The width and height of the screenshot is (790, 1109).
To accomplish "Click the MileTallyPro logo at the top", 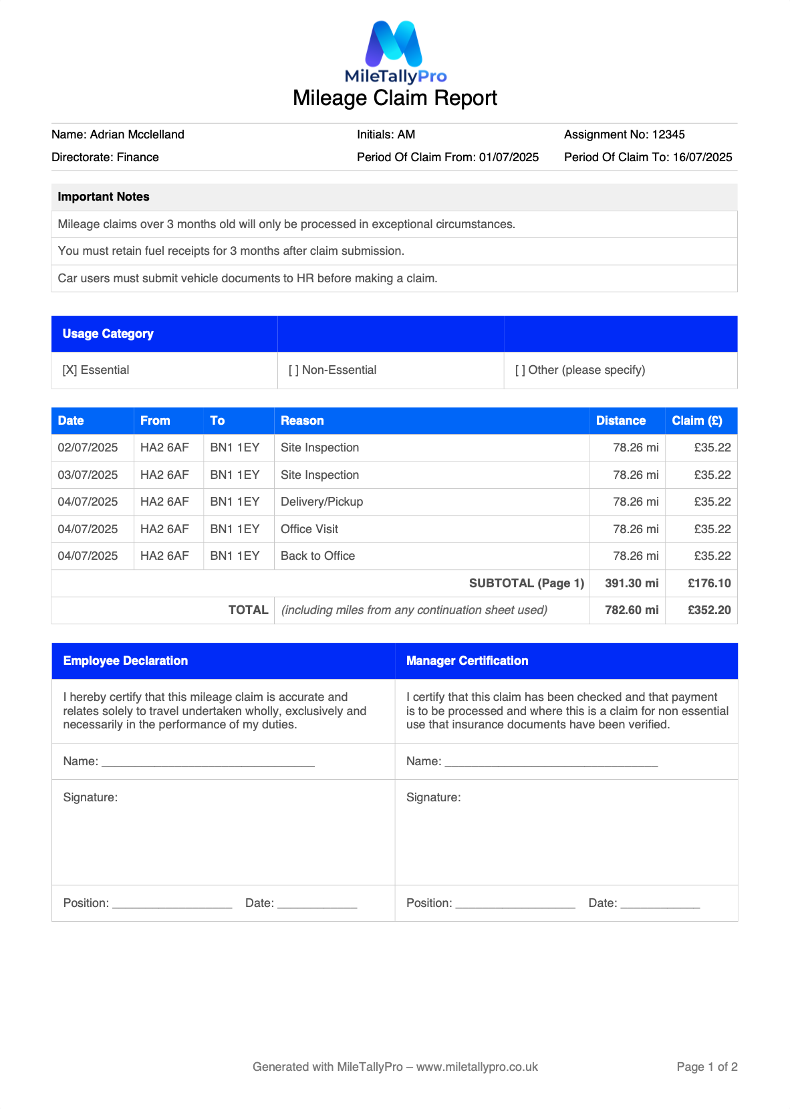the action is tap(395, 52).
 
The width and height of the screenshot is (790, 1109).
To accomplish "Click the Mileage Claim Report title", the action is tap(395, 98).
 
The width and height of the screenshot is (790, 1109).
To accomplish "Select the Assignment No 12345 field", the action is tap(624, 134).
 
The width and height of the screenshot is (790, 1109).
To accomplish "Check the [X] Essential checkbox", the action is tap(70, 370).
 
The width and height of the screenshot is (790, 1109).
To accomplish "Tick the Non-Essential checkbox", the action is tap(294, 370).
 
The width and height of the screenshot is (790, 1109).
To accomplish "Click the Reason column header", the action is tap(302, 421).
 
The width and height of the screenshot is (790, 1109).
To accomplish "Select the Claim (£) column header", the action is tap(696, 421).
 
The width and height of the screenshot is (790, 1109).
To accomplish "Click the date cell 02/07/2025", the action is tap(88, 447).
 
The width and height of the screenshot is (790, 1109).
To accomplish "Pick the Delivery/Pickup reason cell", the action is tap(321, 502).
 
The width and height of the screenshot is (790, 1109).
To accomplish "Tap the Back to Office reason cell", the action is tap(317, 556).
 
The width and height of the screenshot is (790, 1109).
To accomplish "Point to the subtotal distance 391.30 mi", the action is tap(631, 583).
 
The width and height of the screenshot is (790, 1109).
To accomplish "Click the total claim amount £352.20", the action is tap(709, 610).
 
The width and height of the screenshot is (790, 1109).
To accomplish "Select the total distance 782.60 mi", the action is tap(631, 610).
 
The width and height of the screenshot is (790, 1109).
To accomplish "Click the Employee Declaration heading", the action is tap(126, 661).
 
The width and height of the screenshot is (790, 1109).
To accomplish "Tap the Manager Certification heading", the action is tap(467, 661).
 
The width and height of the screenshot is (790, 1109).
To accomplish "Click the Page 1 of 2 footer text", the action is tap(706, 1067).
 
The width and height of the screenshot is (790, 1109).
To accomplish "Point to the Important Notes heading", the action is tap(104, 197).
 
